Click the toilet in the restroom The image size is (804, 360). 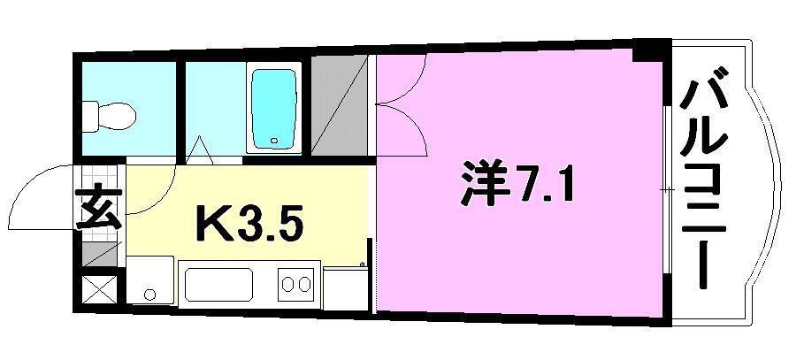point(109,114)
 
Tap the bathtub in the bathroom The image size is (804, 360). point(273,108)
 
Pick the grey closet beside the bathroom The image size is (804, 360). point(338,107)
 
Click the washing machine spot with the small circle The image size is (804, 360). point(149,281)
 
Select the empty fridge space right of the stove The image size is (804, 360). point(345,286)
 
